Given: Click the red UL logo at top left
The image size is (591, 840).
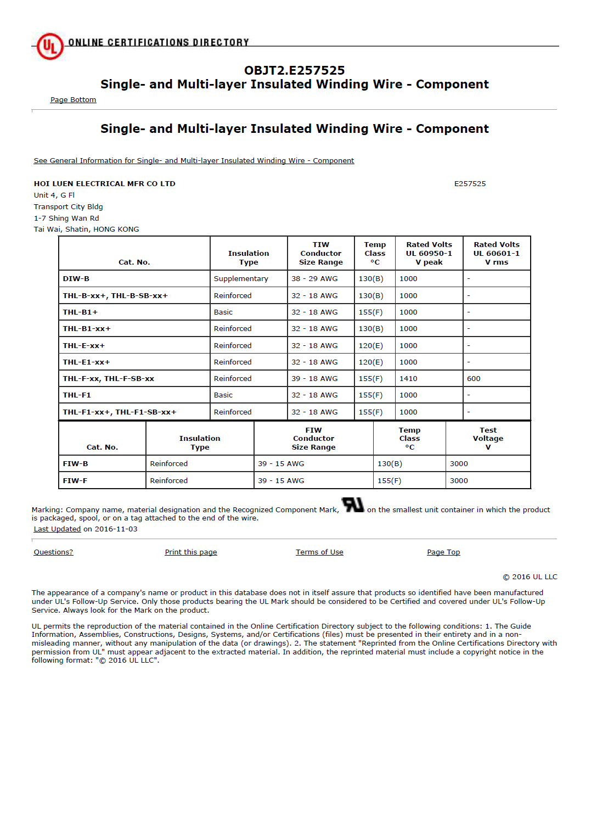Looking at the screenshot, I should click(50, 46).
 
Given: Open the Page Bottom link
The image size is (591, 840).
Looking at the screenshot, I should click(73, 100).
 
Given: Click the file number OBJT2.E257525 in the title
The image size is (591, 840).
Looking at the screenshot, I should click(294, 70).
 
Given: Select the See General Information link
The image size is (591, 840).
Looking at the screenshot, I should click(194, 161).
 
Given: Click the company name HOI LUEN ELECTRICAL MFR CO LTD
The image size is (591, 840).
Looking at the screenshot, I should click(104, 184).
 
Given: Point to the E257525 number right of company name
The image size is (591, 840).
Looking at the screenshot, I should click(470, 184).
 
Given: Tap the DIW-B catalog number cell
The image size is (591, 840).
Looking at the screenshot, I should click(76, 279).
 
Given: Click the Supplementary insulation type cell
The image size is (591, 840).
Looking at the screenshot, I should click(241, 279).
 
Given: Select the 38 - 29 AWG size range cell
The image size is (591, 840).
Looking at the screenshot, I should click(314, 279).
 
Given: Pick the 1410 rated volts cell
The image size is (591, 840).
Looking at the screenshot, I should click(408, 379).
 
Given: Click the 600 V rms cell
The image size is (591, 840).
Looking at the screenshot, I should click(474, 379).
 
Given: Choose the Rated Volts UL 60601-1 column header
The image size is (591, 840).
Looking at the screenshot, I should click(496, 253).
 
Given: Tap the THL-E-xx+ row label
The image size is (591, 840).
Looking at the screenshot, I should click(83, 346).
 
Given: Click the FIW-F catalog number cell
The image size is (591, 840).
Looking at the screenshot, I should click(75, 481).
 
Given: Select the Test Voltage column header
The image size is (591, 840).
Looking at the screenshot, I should click(488, 438).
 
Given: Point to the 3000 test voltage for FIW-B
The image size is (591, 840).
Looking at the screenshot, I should click(459, 464).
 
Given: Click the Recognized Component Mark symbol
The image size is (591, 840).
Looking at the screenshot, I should click(352, 505).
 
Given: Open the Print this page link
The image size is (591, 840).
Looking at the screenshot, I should click(191, 552).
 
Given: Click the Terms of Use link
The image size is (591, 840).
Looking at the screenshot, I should click(319, 552).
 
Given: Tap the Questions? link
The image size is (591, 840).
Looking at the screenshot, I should click(53, 552).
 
